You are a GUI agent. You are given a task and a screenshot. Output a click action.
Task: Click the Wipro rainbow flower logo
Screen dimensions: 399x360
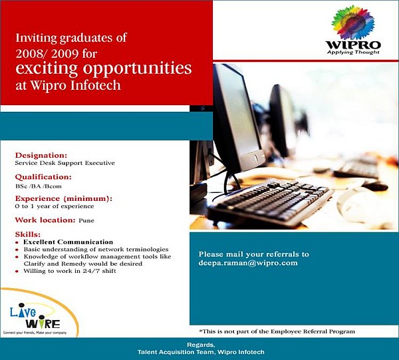point(353,23)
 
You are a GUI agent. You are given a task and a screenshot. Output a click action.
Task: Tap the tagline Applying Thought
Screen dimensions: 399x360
point(353,52)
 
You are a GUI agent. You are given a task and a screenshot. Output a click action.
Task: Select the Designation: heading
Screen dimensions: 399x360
point(41,155)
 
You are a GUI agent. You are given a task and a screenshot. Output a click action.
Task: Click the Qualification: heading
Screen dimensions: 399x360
point(43,177)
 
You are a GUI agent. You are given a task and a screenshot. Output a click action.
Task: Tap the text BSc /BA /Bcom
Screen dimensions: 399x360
point(39,186)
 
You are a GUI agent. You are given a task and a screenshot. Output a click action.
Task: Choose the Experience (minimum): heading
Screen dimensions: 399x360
point(64,198)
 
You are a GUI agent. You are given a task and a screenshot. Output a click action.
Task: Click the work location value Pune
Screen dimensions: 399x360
point(86,220)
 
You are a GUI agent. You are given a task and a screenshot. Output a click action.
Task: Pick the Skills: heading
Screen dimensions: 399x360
point(28,234)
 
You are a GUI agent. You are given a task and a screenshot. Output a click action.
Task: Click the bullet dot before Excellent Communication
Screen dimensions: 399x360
point(17,243)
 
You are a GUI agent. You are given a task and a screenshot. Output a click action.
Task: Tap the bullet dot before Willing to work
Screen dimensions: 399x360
point(17,271)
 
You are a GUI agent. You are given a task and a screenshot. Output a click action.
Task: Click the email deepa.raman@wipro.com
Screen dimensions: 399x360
point(248,263)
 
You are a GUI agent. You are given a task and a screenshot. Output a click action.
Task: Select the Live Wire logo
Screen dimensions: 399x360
point(36,318)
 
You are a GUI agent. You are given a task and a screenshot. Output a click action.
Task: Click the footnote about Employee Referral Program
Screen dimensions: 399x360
point(277,331)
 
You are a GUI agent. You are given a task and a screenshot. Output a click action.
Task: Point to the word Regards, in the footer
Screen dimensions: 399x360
point(201,345)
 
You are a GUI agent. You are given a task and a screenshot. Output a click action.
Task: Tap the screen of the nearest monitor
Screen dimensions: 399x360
point(238,110)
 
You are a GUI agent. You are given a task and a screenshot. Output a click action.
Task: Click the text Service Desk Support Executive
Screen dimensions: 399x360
point(65,163)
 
